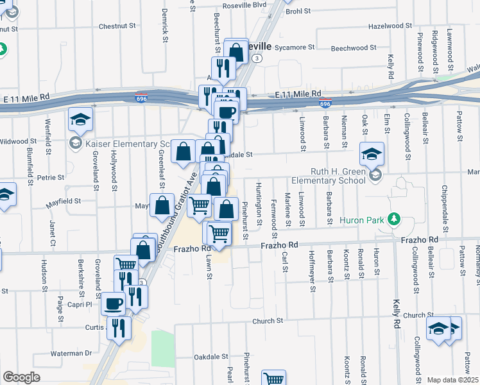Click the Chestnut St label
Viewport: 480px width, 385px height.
click(x=118, y=27)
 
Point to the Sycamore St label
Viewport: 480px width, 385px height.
click(x=295, y=47)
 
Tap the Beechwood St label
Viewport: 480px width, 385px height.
click(x=353, y=48)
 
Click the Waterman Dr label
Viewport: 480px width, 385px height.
click(x=72, y=353)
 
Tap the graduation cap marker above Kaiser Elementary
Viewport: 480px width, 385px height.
click(x=81, y=119)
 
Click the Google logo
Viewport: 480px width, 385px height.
click(x=21, y=377)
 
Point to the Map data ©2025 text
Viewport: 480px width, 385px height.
click(x=453, y=380)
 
